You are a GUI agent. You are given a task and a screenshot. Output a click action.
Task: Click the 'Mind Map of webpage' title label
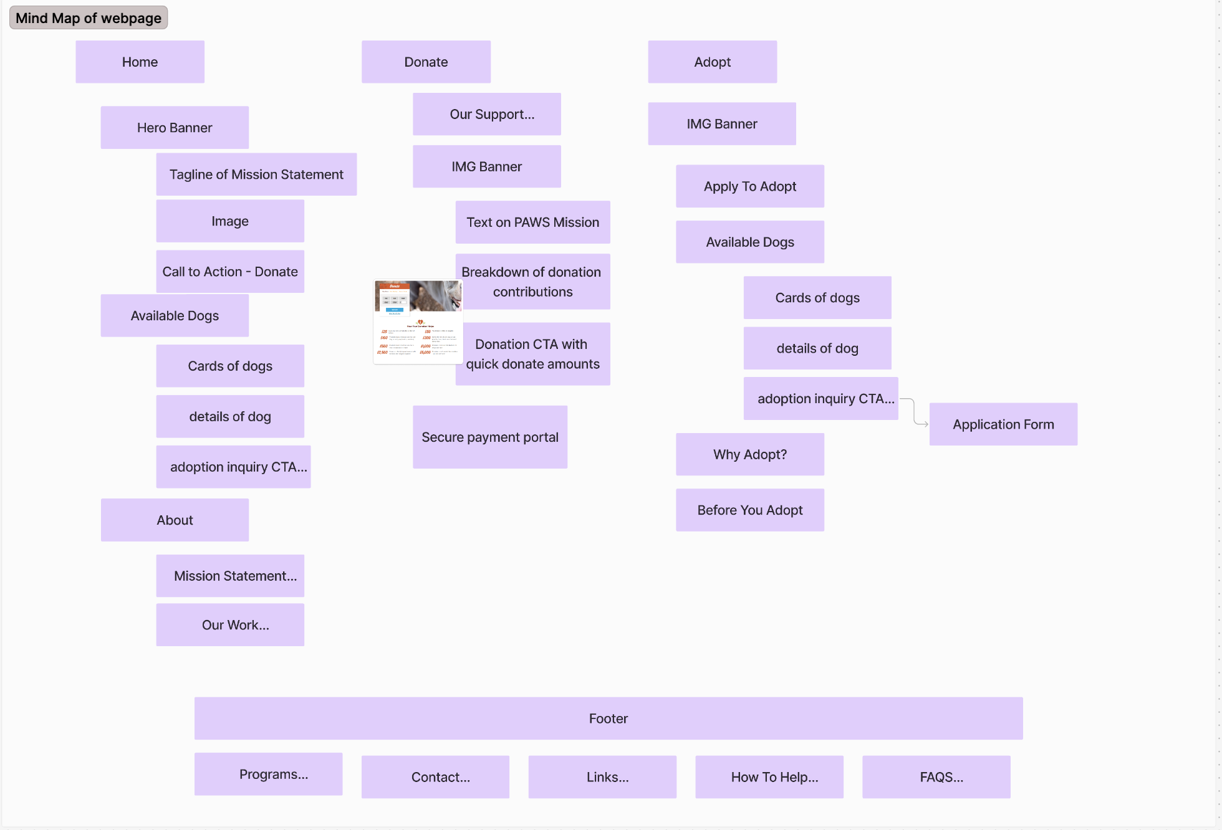tap(89, 18)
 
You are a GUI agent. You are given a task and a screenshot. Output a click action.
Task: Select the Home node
tap(140, 62)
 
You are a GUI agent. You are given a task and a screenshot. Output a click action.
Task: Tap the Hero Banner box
tap(175, 128)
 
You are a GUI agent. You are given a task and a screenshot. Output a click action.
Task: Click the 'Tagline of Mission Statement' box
tap(256, 174)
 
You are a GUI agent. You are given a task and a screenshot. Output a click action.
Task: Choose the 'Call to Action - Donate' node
tap(230, 272)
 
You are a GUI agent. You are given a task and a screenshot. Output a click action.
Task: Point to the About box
tap(175, 520)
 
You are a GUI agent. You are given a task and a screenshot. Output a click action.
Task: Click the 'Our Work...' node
tap(230, 625)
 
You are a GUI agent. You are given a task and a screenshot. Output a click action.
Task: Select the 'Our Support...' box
tap(486, 114)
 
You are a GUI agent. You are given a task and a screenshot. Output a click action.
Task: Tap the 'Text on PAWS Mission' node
tap(532, 222)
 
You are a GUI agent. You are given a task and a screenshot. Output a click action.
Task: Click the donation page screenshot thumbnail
tap(418, 321)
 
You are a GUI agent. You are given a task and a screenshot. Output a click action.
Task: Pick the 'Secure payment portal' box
tap(490, 437)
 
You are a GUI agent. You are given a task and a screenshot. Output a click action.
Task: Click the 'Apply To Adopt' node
tap(750, 186)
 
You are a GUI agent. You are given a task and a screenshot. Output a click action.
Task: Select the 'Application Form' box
tap(1003, 424)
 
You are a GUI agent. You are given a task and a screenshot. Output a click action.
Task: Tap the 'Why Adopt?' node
tap(750, 454)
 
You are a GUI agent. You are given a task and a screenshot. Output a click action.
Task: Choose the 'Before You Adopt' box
tap(750, 510)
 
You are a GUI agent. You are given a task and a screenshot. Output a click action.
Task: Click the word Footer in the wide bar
tap(609, 718)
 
